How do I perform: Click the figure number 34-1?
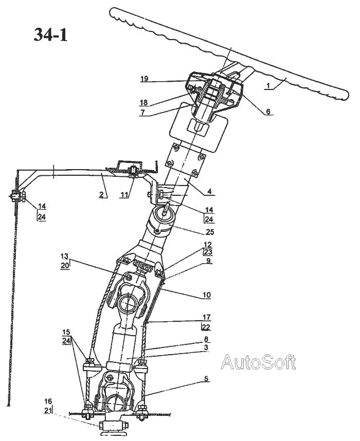(50, 34)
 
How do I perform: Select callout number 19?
(144, 79)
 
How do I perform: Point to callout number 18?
(144, 103)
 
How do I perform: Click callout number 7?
(144, 112)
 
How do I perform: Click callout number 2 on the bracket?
(102, 194)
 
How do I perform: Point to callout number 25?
(210, 231)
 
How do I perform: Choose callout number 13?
(64, 255)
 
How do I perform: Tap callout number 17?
(206, 318)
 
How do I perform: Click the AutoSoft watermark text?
(258, 362)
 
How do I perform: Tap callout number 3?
(206, 348)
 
